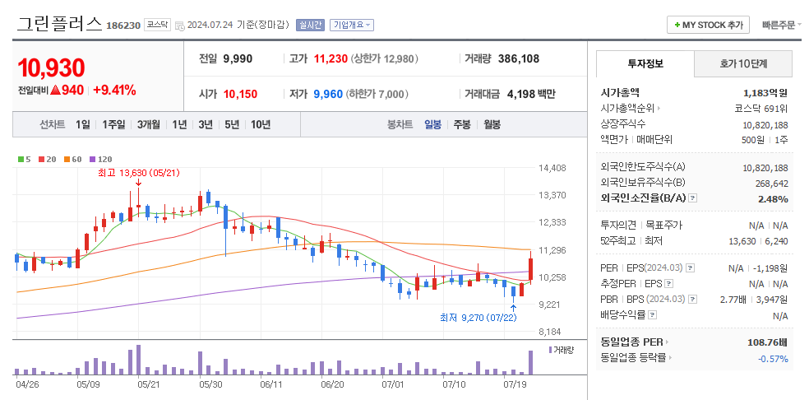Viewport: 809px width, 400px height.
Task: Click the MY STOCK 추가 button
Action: pyautogui.click(x=708, y=25)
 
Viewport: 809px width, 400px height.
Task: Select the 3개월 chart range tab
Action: pyautogui.click(x=148, y=124)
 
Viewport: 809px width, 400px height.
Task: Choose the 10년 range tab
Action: pyautogui.click(x=261, y=124)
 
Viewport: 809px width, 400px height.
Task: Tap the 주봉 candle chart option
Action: pyautogui.click(x=462, y=124)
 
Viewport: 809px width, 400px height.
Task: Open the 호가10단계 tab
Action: pyautogui.click(x=742, y=63)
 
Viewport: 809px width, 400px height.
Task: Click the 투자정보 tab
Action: pyautogui.click(x=645, y=63)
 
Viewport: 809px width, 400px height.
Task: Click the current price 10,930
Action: pyautogui.click(x=51, y=67)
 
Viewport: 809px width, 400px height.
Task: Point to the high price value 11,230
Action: pyautogui.click(x=331, y=58)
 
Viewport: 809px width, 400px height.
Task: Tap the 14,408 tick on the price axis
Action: pyautogui.click(x=552, y=168)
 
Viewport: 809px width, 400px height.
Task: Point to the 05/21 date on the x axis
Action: pyautogui.click(x=148, y=384)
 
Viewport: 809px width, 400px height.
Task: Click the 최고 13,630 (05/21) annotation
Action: pyautogui.click(x=137, y=173)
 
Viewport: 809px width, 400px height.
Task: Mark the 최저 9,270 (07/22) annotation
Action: pyautogui.click(x=478, y=317)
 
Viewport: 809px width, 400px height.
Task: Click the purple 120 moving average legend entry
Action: pyautogui.click(x=101, y=158)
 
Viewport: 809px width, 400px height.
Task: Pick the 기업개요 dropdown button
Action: pyautogui.click(x=351, y=25)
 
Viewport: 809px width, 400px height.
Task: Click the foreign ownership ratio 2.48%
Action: pyautogui.click(x=772, y=198)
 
